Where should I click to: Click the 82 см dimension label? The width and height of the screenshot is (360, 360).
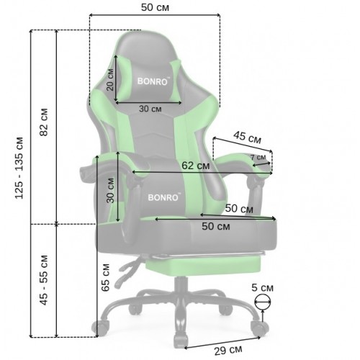pos(44,122)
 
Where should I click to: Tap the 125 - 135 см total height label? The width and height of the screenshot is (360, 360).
pos(19,168)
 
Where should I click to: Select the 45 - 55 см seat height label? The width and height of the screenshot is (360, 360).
pos(44,280)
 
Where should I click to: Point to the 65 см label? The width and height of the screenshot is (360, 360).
pos(105,278)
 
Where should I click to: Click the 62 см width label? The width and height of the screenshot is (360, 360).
pos(196,166)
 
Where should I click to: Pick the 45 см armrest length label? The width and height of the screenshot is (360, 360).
pos(248,138)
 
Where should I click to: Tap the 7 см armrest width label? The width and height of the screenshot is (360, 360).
pos(258,158)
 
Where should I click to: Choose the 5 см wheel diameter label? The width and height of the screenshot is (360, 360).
pos(262,287)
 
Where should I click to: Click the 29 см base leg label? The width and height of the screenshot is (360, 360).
pos(228,351)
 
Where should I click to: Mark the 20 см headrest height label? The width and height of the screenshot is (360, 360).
pos(110,80)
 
